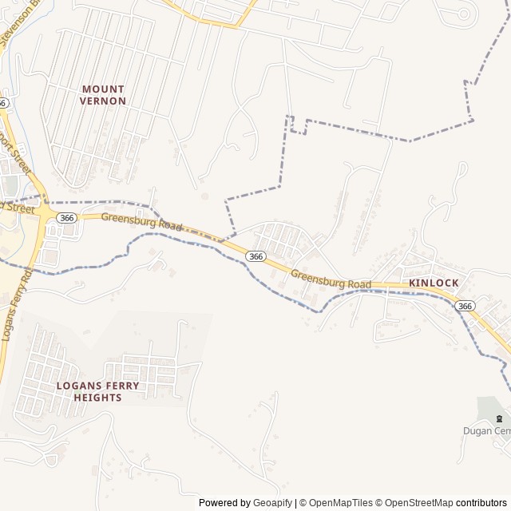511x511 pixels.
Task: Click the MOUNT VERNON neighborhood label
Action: tap(103, 95)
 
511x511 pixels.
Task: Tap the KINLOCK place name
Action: tap(434, 283)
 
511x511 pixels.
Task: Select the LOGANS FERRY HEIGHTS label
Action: tap(97, 391)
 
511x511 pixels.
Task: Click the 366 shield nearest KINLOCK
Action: tap(465, 306)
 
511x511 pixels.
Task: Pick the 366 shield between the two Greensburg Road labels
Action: tap(255, 256)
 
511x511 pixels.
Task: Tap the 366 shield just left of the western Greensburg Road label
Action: tap(66, 217)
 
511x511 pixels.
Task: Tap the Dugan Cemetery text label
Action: tap(486, 431)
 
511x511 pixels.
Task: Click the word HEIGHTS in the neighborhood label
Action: tap(97, 397)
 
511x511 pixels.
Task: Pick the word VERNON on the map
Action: tap(103, 101)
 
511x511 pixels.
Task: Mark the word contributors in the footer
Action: tap(481, 503)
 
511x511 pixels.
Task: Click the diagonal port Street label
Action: tap(16, 154)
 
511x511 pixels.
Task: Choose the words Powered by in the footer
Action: tap(224, 503)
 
